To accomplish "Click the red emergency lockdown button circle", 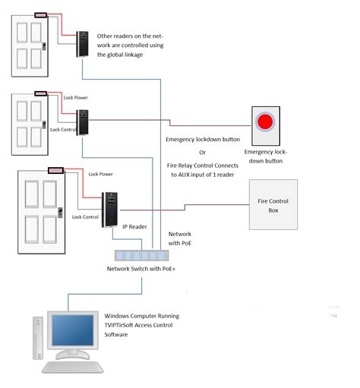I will pos(265,121).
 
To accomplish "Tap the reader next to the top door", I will pos(82,44).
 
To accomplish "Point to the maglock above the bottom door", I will pos(55,171).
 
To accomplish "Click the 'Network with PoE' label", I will pos(180,238).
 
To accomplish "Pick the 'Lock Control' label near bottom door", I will pos(85,216).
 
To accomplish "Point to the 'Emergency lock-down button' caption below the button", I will pos(265,156).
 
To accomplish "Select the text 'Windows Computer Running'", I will pos(142,315).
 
